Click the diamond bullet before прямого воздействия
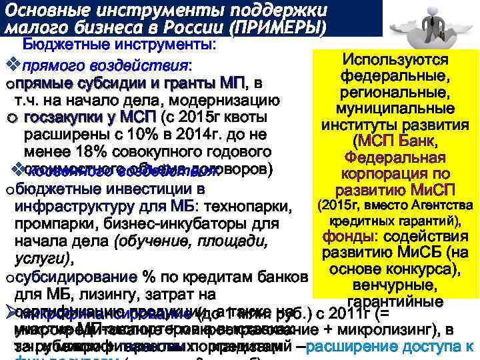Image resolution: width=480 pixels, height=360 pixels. [x=9, y=66]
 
